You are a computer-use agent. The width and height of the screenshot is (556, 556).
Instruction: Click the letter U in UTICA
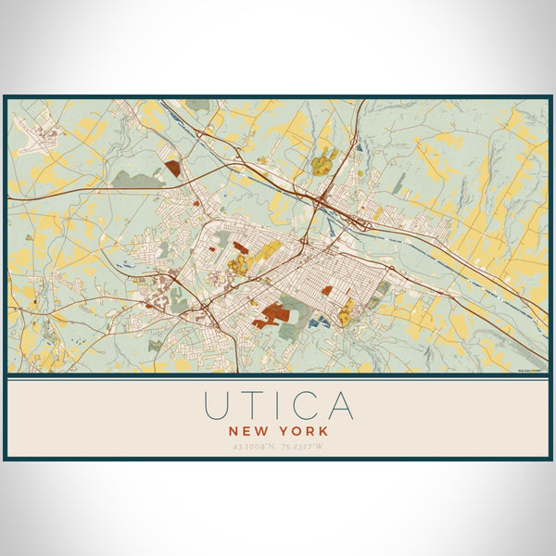(x=216, y=406)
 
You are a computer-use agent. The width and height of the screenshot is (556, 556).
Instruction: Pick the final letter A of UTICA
(x=339, y=406)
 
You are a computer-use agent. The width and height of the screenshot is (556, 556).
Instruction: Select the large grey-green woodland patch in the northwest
(x=139, y=180)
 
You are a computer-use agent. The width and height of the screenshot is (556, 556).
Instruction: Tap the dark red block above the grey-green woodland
(x=173, y=169)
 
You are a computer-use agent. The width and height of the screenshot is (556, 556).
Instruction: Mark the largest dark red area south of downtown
(x=273, y=314)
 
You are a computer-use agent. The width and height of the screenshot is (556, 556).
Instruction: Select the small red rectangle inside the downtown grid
(x=327, y=290)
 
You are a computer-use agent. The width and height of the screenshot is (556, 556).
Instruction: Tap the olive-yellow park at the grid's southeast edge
(x=347, y=311)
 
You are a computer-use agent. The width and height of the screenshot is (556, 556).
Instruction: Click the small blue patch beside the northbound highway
(x=358, y=145)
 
